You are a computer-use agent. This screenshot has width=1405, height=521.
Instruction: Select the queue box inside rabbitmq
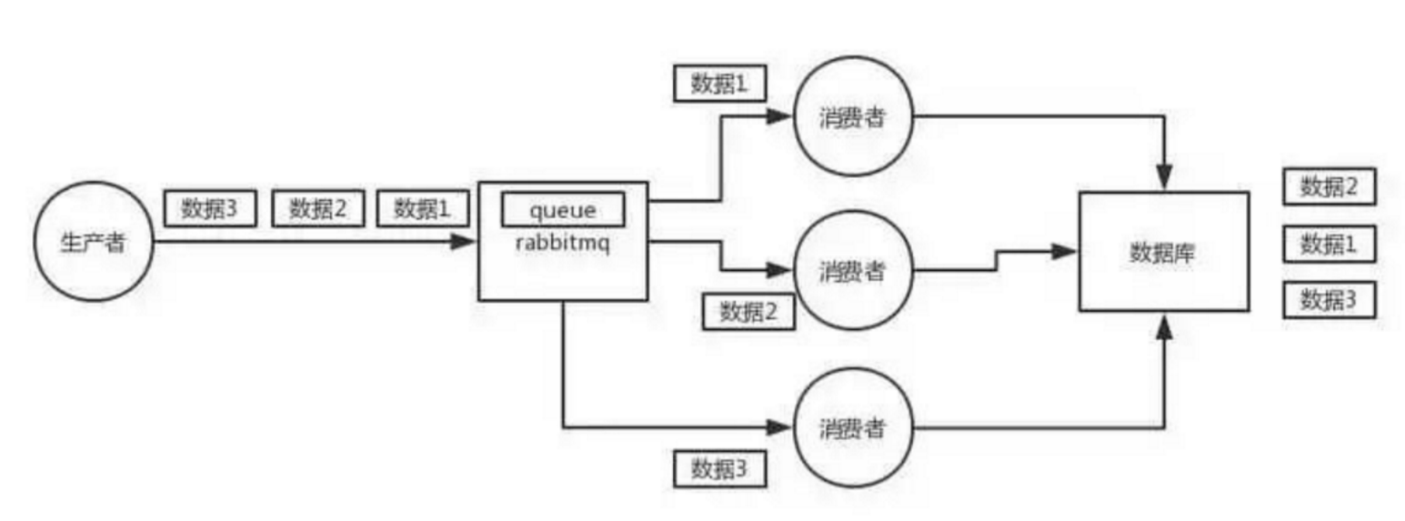(563, 210)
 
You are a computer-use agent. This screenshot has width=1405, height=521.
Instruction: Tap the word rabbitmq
(563, 243)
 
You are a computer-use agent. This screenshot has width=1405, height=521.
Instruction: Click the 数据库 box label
(1162, 253)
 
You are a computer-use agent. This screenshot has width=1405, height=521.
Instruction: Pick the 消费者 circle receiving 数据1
(852, 118)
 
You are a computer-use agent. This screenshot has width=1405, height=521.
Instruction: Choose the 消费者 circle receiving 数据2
(852, 270)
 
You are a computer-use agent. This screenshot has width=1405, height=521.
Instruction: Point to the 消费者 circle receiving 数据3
(852, 426)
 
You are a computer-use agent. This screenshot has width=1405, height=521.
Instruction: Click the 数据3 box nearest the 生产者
(209, 209)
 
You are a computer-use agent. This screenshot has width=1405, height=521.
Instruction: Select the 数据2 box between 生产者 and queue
(318, 209)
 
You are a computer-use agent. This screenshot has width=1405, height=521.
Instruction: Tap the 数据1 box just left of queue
(422, 209)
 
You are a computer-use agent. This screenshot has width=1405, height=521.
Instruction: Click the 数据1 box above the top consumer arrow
(719, 85)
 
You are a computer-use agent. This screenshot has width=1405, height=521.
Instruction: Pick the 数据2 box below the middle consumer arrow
(748, 312)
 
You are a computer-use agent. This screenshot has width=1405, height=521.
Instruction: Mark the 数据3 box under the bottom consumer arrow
(719, 469)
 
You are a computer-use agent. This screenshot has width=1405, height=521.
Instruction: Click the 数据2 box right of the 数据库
(1329, 187)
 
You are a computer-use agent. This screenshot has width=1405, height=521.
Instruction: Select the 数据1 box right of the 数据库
(1329, 244)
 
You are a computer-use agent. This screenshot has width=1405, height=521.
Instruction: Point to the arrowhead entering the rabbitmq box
(467, 242)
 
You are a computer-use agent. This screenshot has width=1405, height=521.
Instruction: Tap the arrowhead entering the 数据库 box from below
(1164, 323)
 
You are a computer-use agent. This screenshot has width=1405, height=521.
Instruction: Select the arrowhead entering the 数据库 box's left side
(1066, 251)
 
